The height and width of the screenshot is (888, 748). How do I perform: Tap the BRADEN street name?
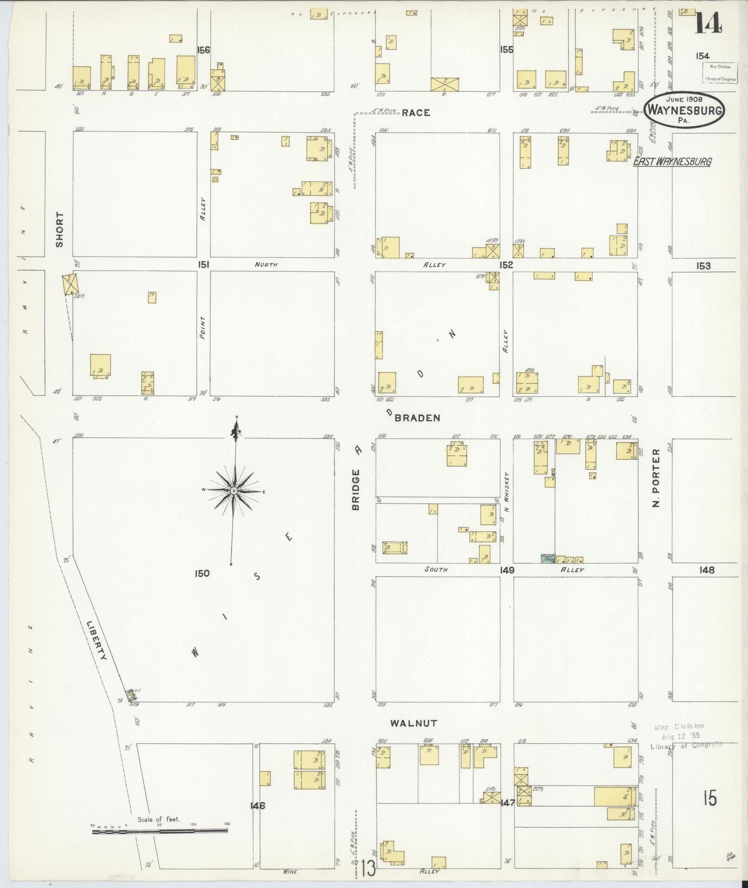tap(417, 418)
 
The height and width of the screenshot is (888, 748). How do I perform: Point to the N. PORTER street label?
tap(655, 478)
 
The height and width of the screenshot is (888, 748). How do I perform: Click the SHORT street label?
tap(59, 230)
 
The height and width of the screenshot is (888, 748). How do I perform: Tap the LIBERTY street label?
tap(97, 641)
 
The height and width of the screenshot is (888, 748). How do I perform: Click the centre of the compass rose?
tap(234, 491)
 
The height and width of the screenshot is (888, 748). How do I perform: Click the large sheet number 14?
tap(707, 22)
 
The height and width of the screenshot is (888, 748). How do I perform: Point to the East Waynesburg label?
tap(672, 162)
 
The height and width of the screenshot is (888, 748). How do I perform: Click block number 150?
tap(202, 573)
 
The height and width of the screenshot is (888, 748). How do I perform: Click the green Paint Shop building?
tap(548, 558)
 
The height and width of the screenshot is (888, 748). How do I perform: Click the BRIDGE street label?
tap(356, 490)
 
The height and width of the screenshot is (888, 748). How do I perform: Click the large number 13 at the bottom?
tap(366, 869)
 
